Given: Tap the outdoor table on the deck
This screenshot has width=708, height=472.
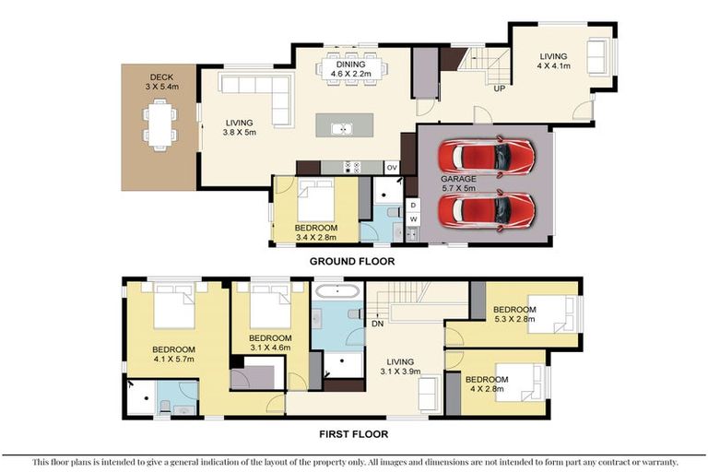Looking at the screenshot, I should click(x=159, y=124).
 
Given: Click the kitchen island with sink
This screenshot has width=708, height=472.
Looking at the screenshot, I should click(x=344, y=125).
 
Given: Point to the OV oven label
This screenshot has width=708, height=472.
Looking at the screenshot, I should click(x=391, y=167).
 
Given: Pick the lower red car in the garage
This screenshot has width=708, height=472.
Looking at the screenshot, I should click(x=486, y=209).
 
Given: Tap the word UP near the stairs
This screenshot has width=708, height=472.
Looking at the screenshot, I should click(x=500, y=89).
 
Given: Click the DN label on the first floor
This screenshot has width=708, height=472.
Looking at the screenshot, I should click(x=377, y=324).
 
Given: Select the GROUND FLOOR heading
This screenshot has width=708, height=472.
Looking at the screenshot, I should click(x=352, y=262).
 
